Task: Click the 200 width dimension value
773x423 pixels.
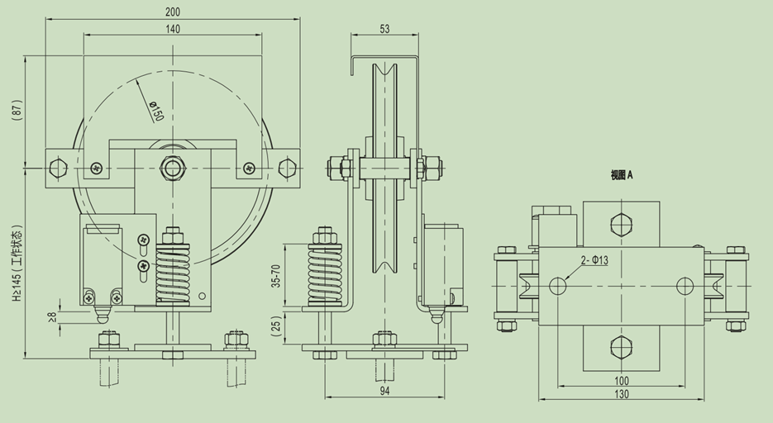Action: click(173, 12)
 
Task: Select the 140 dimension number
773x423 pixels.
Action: click(173, 29)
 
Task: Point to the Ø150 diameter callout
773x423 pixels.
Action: click(156, 112)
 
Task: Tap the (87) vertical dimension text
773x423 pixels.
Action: click(17, 110)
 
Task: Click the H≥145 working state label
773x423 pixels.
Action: click(17, 264)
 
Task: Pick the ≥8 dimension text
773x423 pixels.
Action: click(53, 316)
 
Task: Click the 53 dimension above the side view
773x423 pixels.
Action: click(384, 29)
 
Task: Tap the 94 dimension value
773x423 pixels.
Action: click(385, 391)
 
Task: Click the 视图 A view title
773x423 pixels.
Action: click(621, 175)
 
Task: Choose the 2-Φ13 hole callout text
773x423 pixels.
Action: click(594, 260)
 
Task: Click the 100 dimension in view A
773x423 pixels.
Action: click(622, 381)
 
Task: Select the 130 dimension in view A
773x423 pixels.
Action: click(622, 394)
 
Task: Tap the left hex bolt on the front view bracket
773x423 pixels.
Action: click(59, 168)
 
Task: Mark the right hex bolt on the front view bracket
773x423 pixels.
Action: click(287, 168)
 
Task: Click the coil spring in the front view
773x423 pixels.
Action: click(173, 274)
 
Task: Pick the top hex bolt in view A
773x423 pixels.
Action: click(621, 224)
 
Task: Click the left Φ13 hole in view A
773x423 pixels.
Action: click(558, 286)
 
